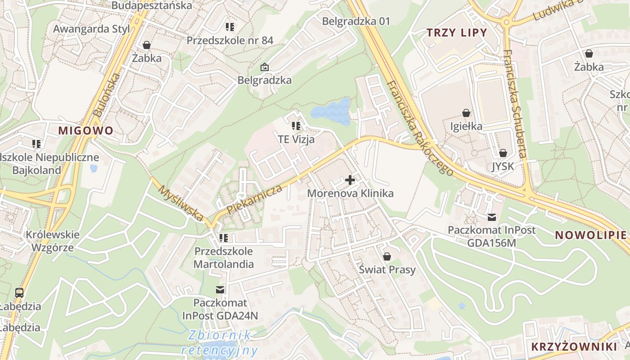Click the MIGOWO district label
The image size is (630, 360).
coord(85,131)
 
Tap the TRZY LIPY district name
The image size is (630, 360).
coord(457,32)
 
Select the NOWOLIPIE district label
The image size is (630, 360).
coord(590,235)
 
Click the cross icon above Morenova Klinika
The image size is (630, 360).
coord(350,180)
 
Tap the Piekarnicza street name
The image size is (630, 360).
coord(255,199)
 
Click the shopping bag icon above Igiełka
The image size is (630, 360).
coord(466,112)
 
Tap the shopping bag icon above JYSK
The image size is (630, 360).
coord(503,153)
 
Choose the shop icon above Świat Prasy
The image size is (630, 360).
coord(387,256)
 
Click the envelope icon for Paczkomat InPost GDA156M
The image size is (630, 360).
coord(491,217)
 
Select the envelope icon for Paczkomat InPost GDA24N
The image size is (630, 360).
coord(220,289)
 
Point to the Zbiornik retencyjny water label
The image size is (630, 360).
coord(220,342)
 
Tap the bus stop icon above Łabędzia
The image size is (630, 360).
coord(19,293)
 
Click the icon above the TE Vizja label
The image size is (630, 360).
coord(296,126)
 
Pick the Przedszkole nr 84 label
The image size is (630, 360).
coord(230,40)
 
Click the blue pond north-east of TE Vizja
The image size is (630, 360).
coord(331,112)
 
